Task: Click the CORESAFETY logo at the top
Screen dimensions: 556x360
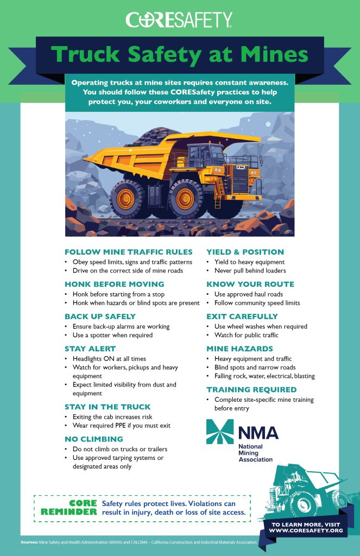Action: (179, 20)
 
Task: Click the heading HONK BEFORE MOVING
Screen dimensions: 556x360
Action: (114, 284)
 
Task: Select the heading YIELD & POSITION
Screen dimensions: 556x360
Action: (245, 252)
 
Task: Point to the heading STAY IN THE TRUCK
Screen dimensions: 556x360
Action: (108, 407)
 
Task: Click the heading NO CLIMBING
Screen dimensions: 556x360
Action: (93, 439)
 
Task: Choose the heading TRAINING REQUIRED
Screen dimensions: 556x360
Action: (251, 389)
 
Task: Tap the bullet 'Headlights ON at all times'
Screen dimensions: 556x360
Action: (109, 359)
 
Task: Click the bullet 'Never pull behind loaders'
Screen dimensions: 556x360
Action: (250, 270)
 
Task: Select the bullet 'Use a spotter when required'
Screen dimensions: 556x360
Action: (112, 335)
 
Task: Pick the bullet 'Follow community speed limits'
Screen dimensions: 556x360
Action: (257, 303)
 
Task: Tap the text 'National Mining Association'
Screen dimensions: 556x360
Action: (256, 453)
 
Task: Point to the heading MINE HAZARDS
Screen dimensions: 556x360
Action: (238, 349)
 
